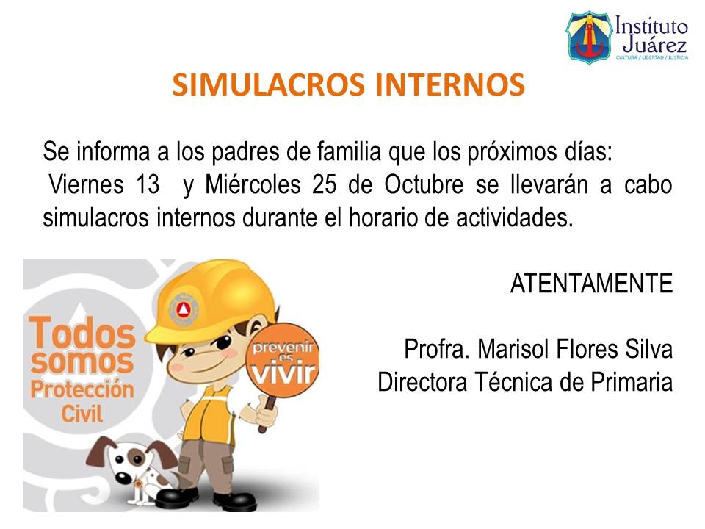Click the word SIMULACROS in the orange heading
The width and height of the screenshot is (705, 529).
pyautogui.click(x=269, y=85)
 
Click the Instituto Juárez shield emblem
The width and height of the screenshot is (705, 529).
pyautogui.click(x=587, y=36)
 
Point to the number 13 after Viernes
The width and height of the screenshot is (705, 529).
pyautogui.click(x=148, y=185)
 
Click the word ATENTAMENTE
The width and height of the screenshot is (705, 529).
pyautogui.click(x=591, y=284)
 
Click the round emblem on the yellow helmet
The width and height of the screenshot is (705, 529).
pyautogui.click(x=182, y=306)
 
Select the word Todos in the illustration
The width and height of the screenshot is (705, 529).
pyautogui.click(x=82, y=334)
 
